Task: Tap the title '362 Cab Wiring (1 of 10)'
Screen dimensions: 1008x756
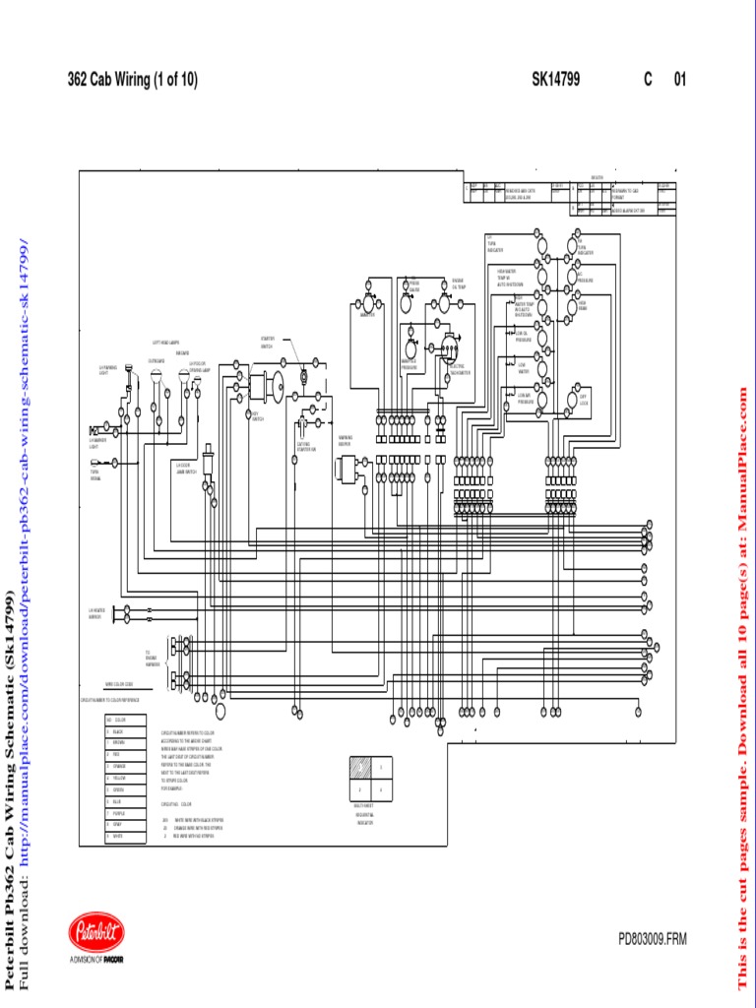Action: (133, 81)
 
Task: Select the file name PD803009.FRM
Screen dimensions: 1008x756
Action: (653, 940)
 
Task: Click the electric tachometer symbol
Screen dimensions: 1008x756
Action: (451, 349)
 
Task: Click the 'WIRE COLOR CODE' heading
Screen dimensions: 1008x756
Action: (119, 683)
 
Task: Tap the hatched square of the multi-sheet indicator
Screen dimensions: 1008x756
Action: (358, 768)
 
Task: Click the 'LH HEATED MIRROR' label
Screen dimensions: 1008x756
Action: (96, 613)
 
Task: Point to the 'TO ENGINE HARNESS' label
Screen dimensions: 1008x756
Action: (153, 658)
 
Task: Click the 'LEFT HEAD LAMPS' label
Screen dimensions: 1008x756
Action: (165, 344)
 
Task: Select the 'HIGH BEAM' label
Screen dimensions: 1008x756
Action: (583, 305)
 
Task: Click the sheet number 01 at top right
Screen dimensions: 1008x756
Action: (679, 81)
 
